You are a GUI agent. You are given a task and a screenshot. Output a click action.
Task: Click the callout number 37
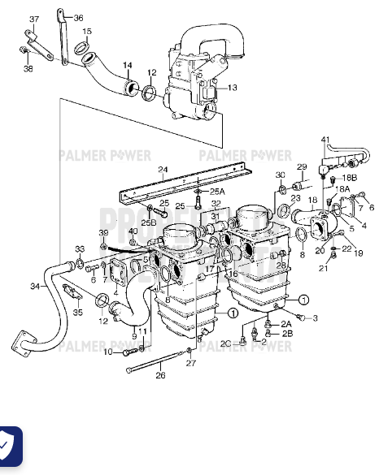coord(33,19)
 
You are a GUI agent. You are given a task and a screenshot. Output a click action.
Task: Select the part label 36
coord(78,18)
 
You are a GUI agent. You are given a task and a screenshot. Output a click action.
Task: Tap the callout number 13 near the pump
coord(232,88)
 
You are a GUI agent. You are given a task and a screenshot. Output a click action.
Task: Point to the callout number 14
coord(127,65)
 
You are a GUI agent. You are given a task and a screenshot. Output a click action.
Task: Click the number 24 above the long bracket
coord(163,170)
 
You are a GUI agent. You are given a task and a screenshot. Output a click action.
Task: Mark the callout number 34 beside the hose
coord(34,286)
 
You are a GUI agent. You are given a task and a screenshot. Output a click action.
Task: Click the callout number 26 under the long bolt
coord(160,374)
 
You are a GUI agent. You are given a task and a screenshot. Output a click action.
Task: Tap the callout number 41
coord(325,140)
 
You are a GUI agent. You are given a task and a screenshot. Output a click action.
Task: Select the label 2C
coord(227,344)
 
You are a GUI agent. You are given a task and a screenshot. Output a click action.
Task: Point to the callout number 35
coord(77,312)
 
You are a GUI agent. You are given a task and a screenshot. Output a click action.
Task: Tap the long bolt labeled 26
coord(159,361)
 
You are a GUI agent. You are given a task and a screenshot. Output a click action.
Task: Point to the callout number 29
coord(300,166)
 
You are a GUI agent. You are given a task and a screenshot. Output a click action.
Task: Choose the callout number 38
coord(28,68)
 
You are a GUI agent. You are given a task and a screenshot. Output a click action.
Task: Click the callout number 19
coord(358,253)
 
